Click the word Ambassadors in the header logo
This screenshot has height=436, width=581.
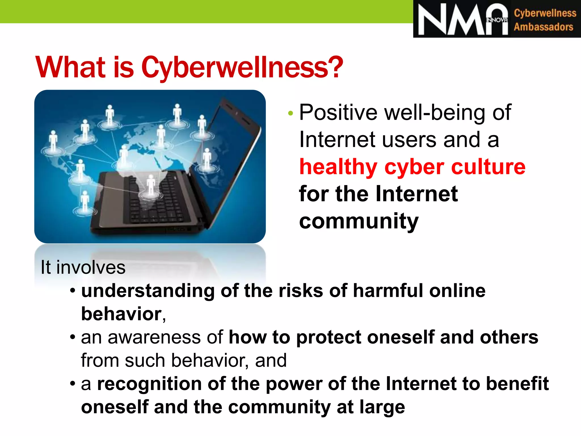pos(543,27)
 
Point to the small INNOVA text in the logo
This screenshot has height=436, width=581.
pos(496,20)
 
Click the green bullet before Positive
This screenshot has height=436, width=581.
pos(290,114)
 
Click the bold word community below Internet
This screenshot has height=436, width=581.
pos(359,221)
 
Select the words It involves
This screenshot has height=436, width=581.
pos(83,267)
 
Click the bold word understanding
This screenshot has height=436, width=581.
pos(148,291)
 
